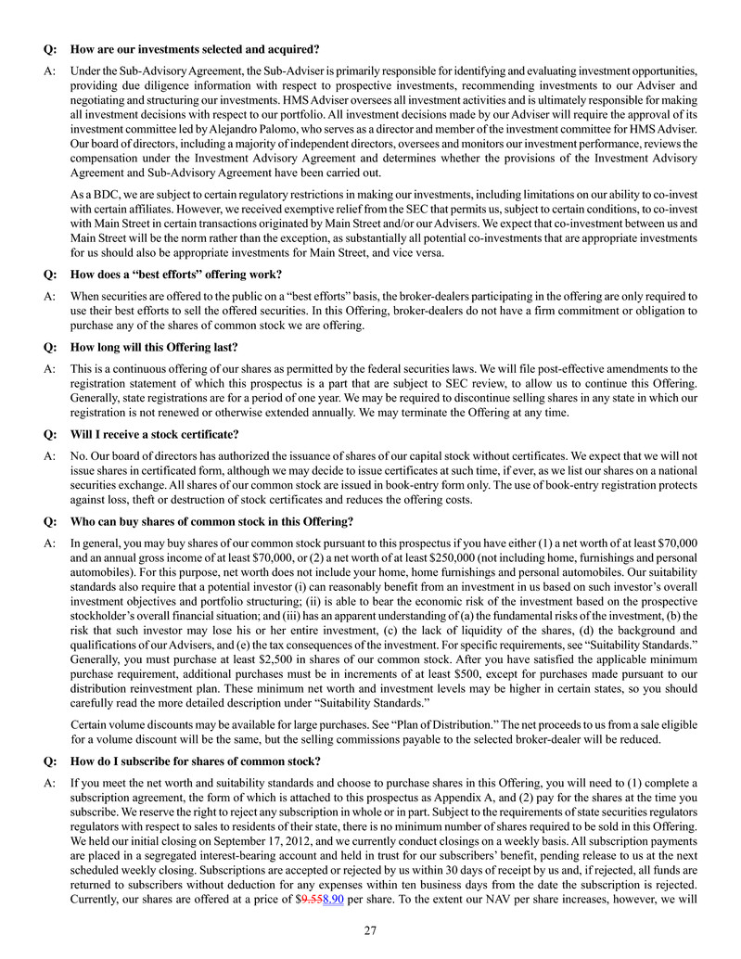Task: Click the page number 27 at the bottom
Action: [370, 931]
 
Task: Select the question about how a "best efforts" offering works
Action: [176, 274]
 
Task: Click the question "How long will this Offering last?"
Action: [154, 347]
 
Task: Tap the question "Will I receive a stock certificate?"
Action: [155, 434]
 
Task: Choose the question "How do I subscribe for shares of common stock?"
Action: [195, 761]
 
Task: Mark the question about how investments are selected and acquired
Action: [195, 48]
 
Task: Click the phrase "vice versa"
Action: [417, 253]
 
